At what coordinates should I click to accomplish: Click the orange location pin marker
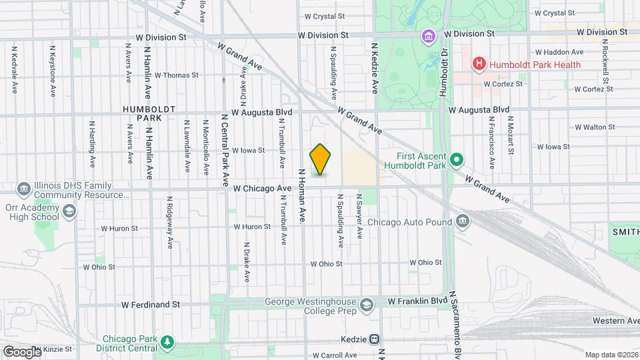[x=321, y=159]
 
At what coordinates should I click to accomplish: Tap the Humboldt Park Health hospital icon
[x=478, y=65]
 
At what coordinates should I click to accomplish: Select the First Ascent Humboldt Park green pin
[x=457, y=159]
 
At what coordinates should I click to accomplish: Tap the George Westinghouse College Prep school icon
[x=365, y=305]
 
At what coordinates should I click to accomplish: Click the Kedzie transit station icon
[x=375, y=339]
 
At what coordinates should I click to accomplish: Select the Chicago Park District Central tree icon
[x=168, y=342]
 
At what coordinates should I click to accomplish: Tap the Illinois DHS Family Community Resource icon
[x=24, y=189]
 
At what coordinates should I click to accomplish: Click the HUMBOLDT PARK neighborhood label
[x=149, y=113]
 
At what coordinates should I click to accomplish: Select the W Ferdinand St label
[x=151, y=305]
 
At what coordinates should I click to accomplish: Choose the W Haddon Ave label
[x=559, y=52]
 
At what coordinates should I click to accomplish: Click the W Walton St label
[x=595, y=127]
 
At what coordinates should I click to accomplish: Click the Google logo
[x=21, y=351]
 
